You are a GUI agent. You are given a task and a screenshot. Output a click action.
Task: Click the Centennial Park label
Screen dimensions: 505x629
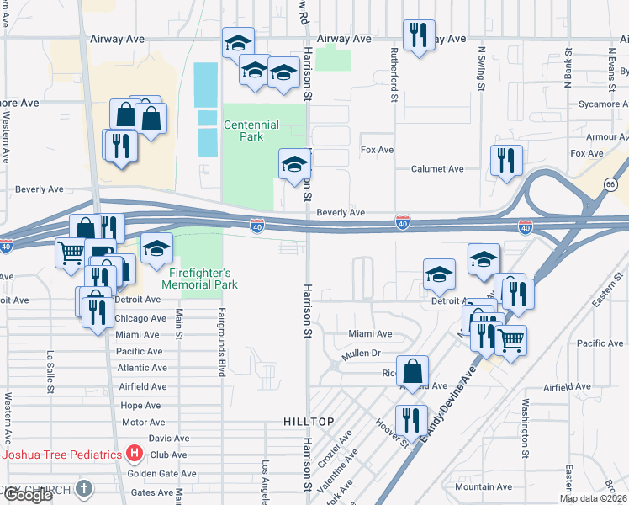[251, 130]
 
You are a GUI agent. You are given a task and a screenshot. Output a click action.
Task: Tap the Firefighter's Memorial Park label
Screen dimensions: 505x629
[202, 279]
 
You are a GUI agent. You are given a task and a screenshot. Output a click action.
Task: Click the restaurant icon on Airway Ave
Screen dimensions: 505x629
[418, 35]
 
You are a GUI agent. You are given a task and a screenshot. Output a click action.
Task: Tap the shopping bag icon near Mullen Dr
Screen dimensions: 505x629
[413, 371]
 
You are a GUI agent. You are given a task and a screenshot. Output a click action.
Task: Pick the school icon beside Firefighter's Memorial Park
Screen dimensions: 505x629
[156, 249]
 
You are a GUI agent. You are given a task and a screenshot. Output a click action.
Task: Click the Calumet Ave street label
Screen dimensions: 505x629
[437, 168]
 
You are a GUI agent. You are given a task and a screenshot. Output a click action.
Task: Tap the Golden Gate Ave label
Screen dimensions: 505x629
[162, 474]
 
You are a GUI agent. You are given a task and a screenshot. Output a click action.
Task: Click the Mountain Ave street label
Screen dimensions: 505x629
[483, 486]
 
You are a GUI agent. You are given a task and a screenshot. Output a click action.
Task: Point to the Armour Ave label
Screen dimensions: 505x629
[601, 136]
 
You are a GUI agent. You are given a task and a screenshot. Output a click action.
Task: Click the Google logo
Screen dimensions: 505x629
[28, 495]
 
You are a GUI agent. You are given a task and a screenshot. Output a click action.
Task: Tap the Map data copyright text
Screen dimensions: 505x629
[593, 498]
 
